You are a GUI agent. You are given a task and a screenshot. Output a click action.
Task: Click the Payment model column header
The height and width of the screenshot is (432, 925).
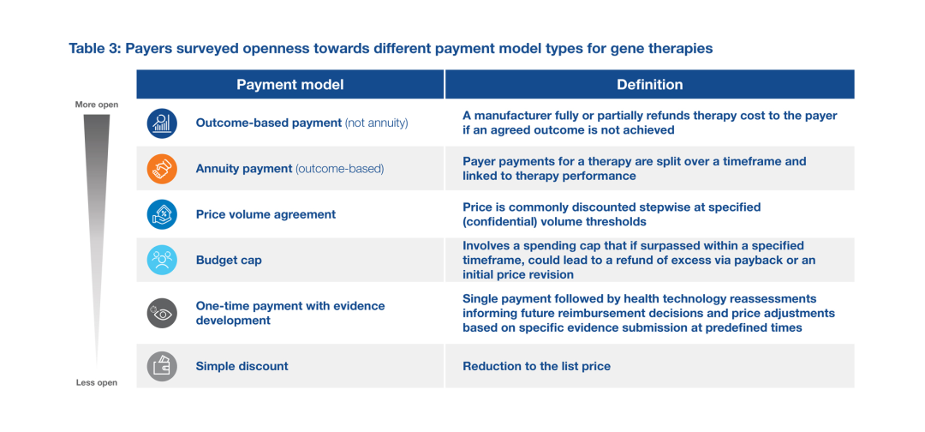click(289, 84)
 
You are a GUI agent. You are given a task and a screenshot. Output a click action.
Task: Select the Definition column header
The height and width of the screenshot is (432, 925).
click(649, 84)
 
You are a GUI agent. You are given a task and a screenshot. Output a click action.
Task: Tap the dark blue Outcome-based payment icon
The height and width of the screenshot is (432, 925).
click(162, 123)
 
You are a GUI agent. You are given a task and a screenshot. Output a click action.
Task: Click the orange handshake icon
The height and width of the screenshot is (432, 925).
click(162, 169)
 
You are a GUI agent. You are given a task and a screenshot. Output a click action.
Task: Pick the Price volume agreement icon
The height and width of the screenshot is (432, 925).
click(162, 214)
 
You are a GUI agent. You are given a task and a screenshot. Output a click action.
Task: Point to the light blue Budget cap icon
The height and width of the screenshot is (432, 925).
click(162, 260)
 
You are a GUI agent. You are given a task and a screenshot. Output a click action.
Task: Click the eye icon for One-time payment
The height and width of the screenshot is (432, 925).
click(162, 313)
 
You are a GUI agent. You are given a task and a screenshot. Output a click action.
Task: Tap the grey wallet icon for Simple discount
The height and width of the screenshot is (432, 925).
click(162, 366)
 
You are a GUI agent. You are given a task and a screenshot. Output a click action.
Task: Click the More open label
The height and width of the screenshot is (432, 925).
click(97, 105)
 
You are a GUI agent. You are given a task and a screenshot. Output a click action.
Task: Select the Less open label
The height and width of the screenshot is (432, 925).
click(97, 382)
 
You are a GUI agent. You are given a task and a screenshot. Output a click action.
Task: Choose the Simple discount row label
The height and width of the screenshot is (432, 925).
click(242, 366)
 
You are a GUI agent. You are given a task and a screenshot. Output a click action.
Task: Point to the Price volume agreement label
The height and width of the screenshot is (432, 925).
click(266, 214)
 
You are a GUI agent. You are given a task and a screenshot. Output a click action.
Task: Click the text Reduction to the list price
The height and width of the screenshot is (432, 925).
click(536, 367)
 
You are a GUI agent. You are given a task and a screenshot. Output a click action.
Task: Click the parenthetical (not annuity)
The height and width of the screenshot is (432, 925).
click(376, 123)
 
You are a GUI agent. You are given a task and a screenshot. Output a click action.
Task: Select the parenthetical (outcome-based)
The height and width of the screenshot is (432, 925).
click(340, 169)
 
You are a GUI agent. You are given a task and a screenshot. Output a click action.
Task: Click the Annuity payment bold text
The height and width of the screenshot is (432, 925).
click(244, 169)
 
